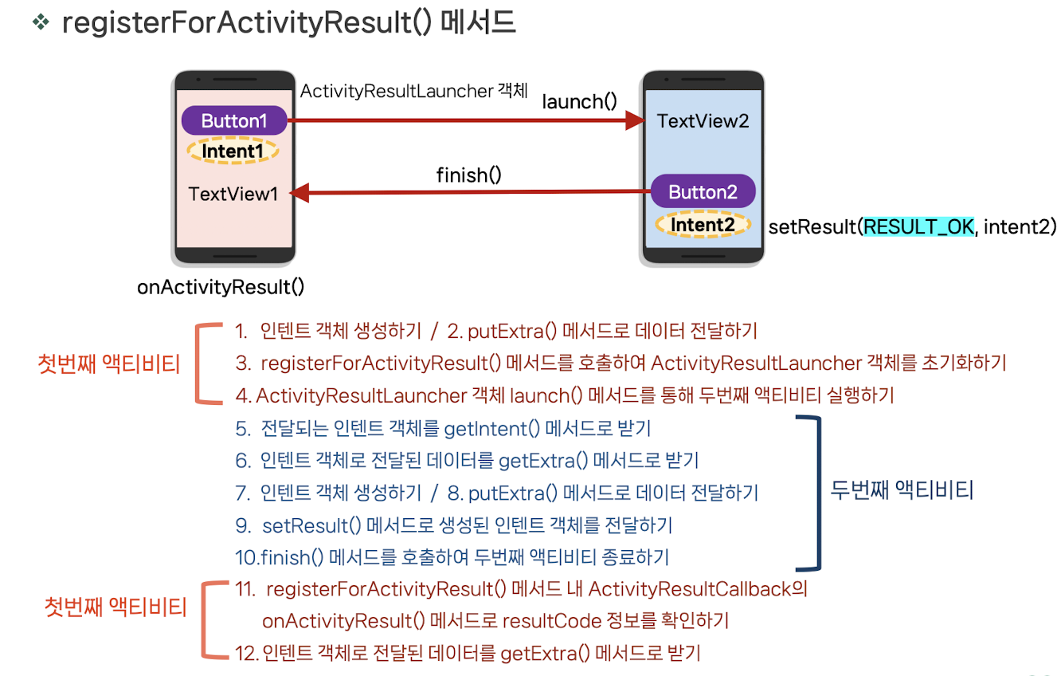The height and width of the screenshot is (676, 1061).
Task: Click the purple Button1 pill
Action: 234,121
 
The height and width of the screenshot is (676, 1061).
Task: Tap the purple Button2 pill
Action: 703,191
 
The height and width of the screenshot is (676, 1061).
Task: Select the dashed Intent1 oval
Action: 233,151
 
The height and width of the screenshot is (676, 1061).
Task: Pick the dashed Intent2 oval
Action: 703,225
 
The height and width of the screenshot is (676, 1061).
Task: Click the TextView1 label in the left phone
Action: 233,194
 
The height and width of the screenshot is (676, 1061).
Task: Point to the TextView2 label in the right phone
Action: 703,121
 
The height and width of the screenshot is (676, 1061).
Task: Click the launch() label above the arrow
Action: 579,101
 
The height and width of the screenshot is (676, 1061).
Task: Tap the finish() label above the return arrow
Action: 468,174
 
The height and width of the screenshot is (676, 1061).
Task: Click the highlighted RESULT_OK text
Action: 918,226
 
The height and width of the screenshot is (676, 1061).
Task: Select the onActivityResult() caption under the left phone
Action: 221,287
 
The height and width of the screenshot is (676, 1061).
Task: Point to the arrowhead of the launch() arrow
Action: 635,121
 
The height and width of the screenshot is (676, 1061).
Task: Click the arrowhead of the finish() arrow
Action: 297,192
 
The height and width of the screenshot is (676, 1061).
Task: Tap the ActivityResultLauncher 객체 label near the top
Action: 413,91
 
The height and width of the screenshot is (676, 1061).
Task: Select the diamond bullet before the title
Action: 41,22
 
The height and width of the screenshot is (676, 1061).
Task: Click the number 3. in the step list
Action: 243,364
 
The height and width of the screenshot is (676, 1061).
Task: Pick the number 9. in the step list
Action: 243,525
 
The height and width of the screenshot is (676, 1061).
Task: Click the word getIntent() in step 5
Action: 486,429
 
